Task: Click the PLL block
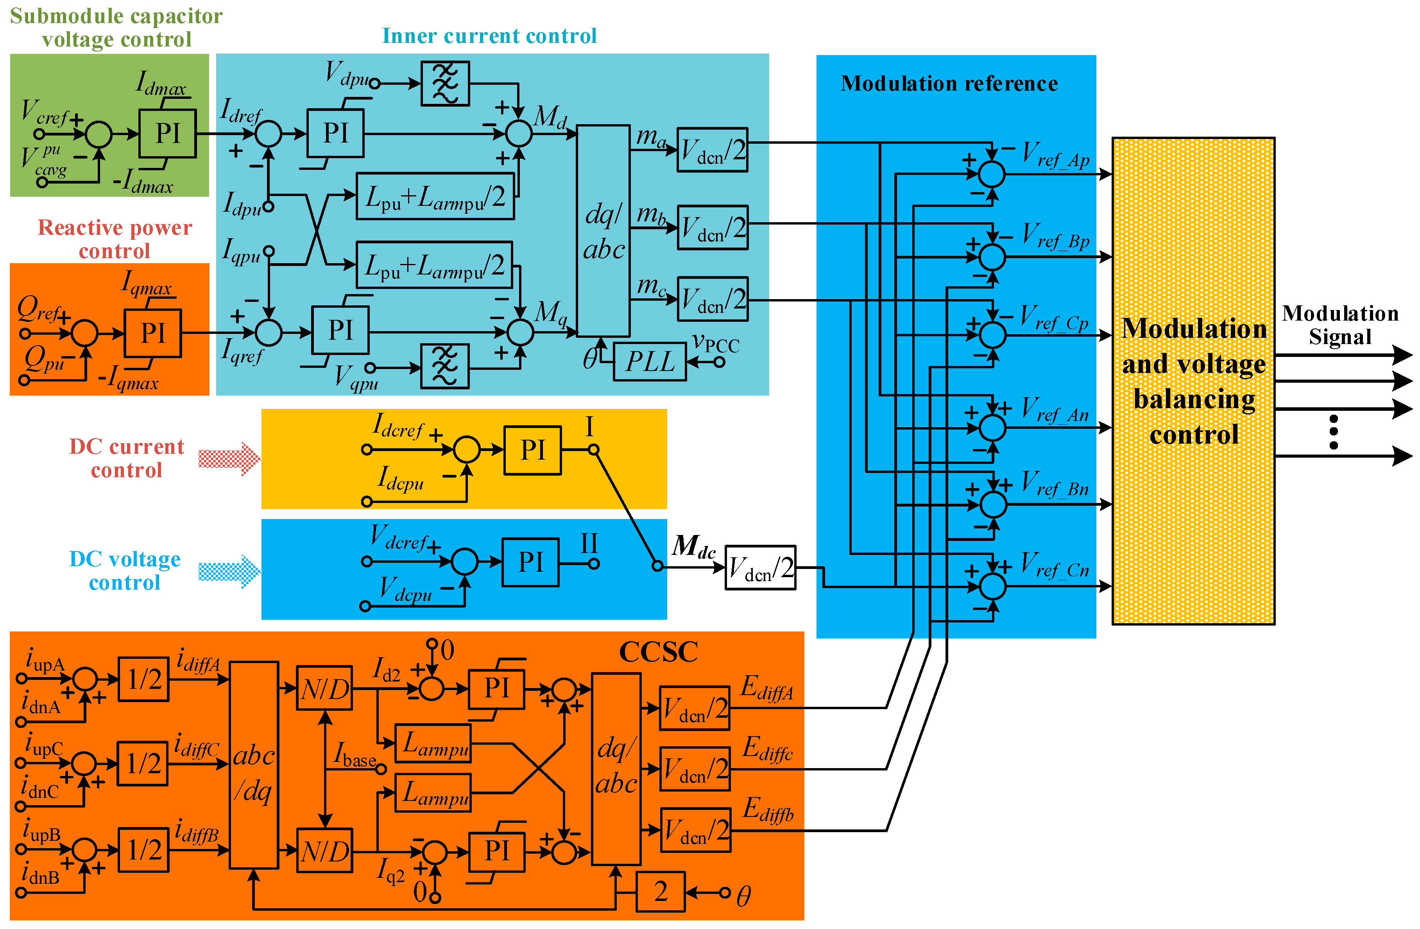point(649,361)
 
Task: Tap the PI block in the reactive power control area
point(153,333)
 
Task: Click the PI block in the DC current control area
point(532,450)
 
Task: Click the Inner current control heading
point(489,36)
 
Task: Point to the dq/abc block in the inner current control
point(603,231)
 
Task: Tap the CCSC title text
point(658,652)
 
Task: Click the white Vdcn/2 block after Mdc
point(760,568)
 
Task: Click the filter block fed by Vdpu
point(445,84)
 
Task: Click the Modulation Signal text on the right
point(1339,325)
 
